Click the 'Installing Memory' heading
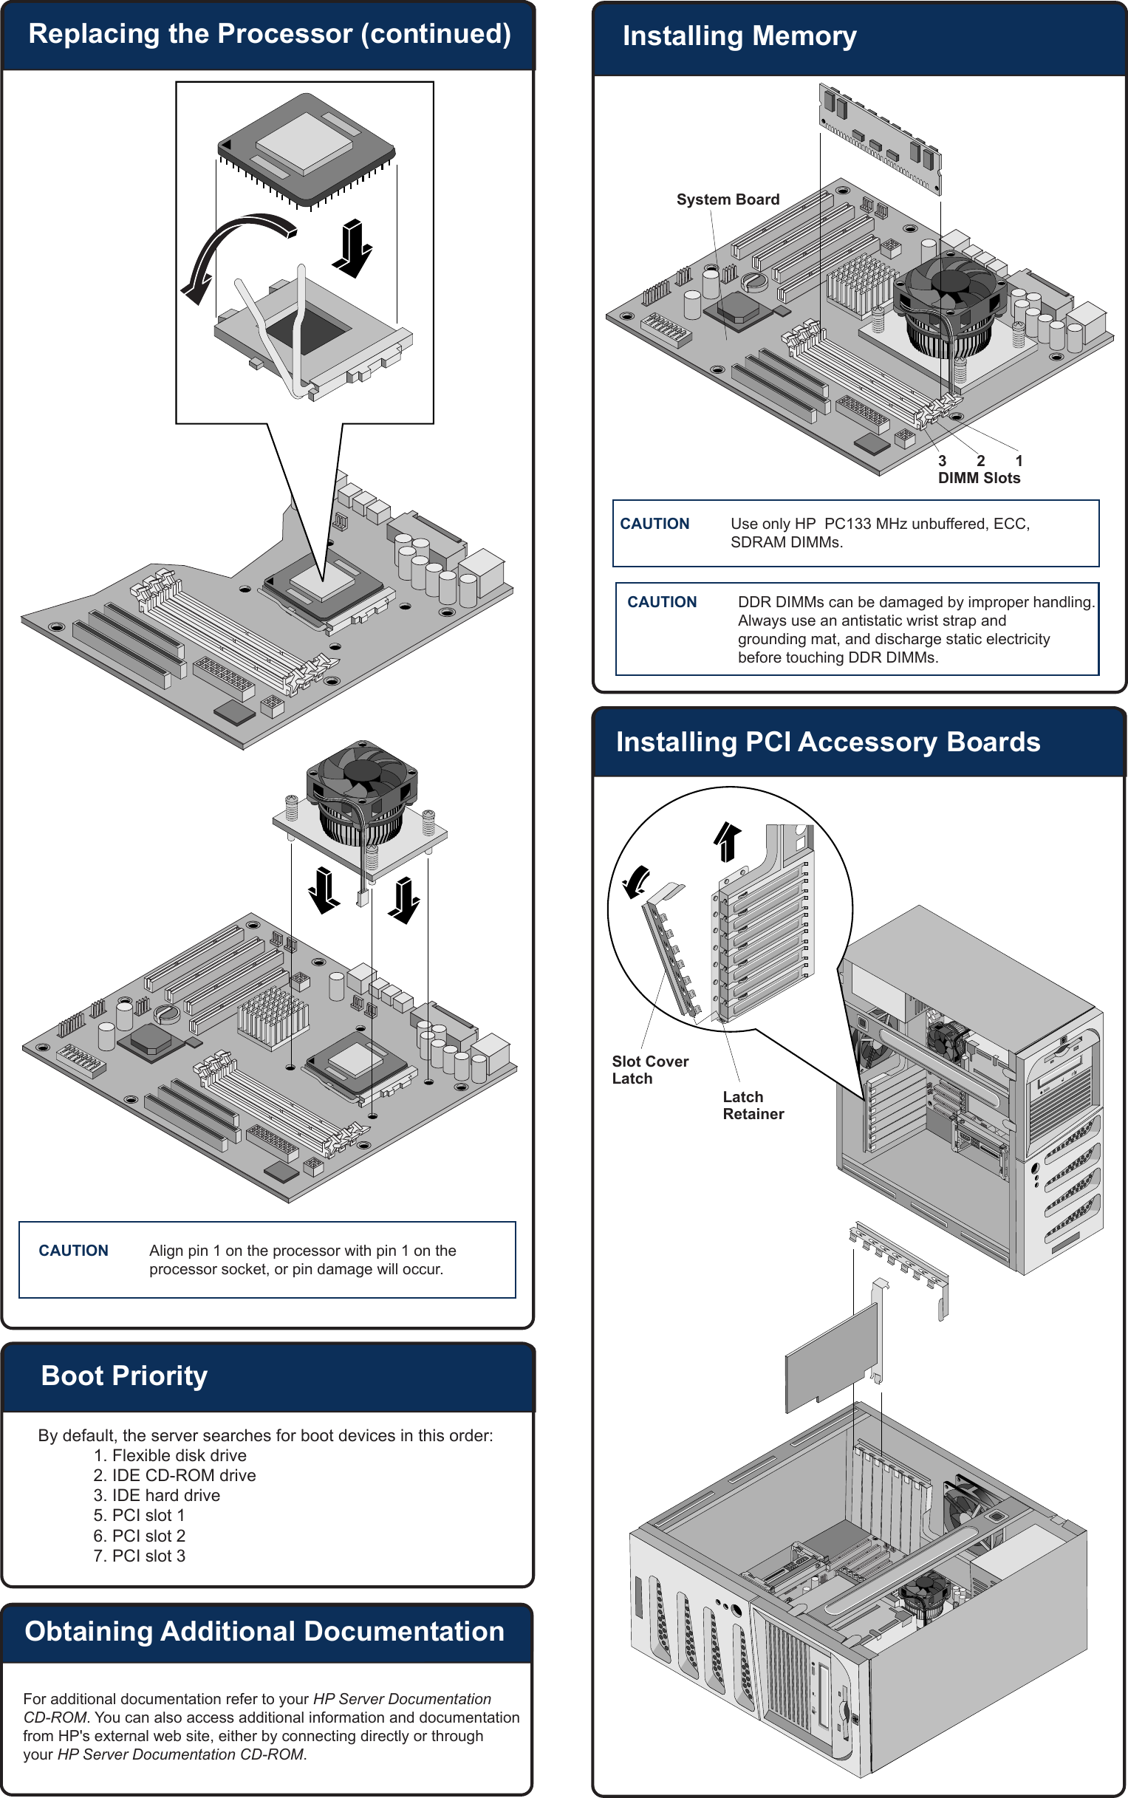[739, 35]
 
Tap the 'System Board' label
[728, 199]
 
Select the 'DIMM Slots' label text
[979, 478]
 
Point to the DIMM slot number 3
[943, 461]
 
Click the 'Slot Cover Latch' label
[649, 1069]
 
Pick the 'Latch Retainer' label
[753, 1105]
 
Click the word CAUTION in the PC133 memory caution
[654, 524]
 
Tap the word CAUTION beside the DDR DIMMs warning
[662, 602]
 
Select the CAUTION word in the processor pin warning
[73, 1251]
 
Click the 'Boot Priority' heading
[124, 1375]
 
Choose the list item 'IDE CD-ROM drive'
[183, 1475]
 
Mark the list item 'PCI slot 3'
[148, 1556]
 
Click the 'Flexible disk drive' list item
[179, 1455]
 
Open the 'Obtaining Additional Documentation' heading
[264, 1631]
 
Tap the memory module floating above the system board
[881, 138]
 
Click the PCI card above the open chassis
[832, 1358]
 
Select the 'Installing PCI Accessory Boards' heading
[827, 742]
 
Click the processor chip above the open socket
[306, 149]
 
